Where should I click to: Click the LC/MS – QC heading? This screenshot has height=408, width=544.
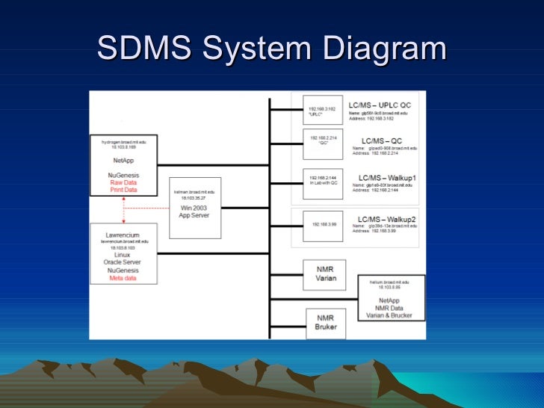pos(381,140)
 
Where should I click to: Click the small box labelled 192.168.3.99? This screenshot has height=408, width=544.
pos(323,224)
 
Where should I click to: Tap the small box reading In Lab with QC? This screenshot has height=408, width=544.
pos(323,181)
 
